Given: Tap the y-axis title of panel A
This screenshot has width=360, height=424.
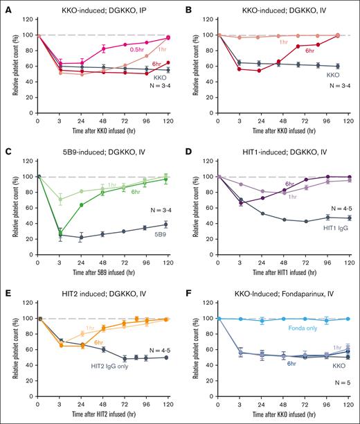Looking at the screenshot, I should click(8, 62).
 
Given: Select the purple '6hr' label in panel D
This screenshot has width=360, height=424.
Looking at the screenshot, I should click(271, 184).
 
